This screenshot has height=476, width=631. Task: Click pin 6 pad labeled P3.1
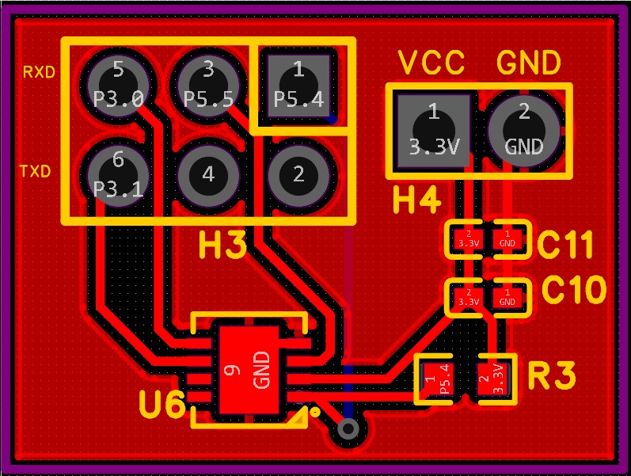coord(118,174)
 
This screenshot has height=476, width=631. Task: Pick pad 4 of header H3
coord(208,174)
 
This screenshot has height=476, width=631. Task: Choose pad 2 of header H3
coord(298,174)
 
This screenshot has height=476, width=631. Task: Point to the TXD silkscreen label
coord(35,170)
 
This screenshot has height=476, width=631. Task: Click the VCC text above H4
coord(431,63)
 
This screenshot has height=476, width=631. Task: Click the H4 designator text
coord(417,202)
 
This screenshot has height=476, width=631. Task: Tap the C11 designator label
coord(564,246)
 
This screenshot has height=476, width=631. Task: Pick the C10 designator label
coord(574,291)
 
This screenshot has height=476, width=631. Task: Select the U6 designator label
coord(162,406)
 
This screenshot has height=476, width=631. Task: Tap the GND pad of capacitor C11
coord(507,238)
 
